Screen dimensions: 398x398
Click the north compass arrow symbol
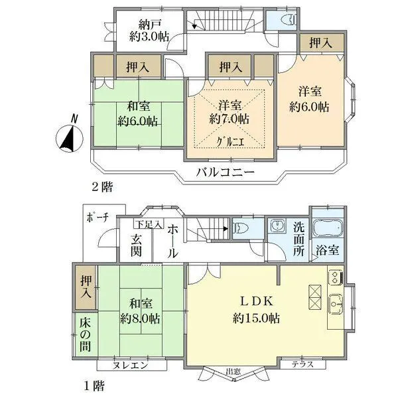click(x=69, y=137)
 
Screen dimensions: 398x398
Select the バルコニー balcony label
click(x=226, y=174)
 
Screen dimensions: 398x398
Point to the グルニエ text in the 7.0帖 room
click(x=230, y=142)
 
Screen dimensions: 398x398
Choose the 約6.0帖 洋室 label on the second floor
click(x=309, y=98)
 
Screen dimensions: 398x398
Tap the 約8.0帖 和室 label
click(x=139, y=310)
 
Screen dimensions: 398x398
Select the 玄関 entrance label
click(x=136, y=245)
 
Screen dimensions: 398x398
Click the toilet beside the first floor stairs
click(x=242, y=229)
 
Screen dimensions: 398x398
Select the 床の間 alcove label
click(x=85, y=335)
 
